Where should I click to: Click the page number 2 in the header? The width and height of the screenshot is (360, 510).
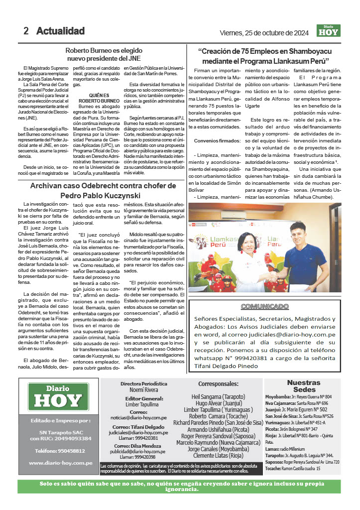click(26, 31)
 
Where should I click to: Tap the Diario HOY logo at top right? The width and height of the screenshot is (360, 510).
click(329, 31)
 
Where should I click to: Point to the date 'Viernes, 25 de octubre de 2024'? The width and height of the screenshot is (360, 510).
click(264, 33)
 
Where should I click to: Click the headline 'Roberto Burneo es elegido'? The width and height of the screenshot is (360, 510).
click(104, 50)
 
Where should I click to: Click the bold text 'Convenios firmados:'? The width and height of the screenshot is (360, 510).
click(211, 141)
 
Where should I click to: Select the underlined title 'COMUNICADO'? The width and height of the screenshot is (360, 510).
click(264, 307)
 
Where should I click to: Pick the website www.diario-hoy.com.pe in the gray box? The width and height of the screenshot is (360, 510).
click(60, 463)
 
